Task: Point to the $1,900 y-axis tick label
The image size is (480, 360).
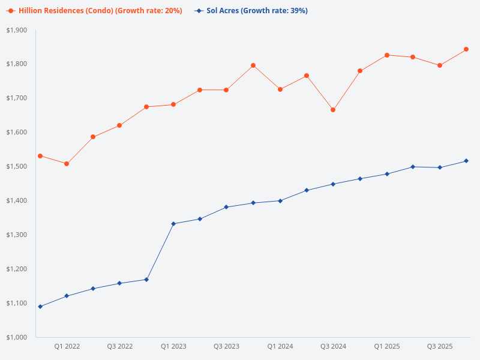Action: point(17,30)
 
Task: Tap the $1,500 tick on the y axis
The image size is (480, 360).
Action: point(17,166)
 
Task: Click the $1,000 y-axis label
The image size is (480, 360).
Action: point(17,337)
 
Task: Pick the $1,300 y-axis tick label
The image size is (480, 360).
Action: point(17,235)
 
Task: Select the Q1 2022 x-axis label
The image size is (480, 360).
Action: point(67,347)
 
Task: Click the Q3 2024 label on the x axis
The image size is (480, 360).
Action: point(333,347)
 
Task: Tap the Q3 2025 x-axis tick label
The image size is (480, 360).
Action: point(440,347)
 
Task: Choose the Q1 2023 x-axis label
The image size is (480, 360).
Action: point(173,347)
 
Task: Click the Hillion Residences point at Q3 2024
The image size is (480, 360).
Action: point(333,110)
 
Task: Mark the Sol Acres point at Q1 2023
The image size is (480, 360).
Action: point(173,224)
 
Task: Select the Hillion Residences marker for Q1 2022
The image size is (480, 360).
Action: point(67,164)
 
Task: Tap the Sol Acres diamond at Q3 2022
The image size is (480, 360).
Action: point(120,283)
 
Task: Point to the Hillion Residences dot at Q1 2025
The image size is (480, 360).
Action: point(386,55)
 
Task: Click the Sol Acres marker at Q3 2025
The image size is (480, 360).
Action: point(440,167)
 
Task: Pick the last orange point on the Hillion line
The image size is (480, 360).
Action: point(466,49)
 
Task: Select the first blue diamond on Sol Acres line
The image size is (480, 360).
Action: point(40,307)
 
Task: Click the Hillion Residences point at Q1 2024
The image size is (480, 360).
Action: point(280,89)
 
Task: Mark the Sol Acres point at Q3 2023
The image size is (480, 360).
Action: point(227,207)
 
